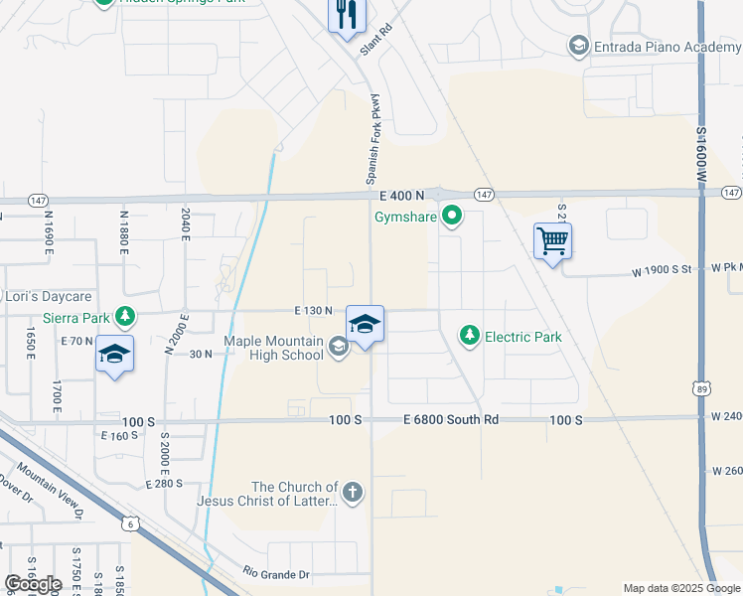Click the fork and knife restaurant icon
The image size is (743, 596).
(x=347, y=14)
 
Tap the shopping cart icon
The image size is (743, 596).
(x=552, y=240)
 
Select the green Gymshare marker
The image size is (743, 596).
(x=452, y=215)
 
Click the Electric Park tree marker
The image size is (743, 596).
(x=470, y=337)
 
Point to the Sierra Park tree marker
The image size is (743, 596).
(x=125, y=317)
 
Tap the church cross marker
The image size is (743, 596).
(x=352, y=492)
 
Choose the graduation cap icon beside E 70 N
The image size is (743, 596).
(x=114, y=353)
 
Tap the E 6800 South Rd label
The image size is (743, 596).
(x=451, y=420)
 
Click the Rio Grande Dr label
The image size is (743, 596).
(x=276, y=574)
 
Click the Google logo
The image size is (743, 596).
(x=33, y=584)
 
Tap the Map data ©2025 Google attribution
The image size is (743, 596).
(x=681, y=588)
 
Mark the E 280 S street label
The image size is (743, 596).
(x=165, y=484)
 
